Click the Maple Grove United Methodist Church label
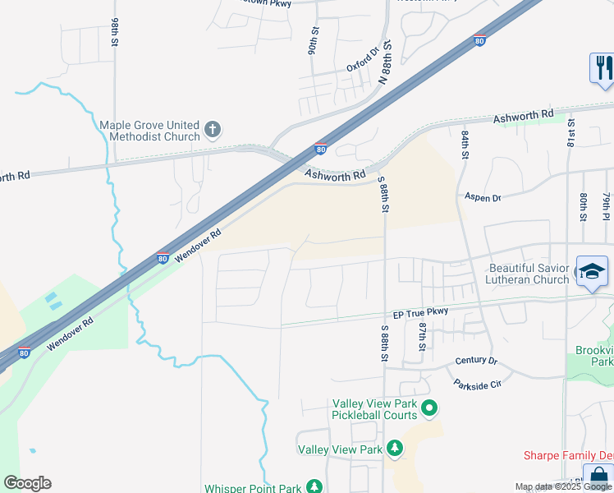pyautogui.click(x=149, y=131)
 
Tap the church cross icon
pyautogui.click(x=212, y=129)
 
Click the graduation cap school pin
pyautogui.click(x=591, y=272)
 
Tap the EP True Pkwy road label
pyautogui.click(x=420, y=312)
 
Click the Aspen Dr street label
pyautogui.click(x=483, y=197)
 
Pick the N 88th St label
pyautogui.click(x=385, y=64)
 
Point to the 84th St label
pyautogui.click(x=465, y=143)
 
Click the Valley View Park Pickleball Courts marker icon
pyautogui.click(x=428, y=408)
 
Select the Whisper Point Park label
pyautogui.click(x=253, y=487)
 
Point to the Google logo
pyautogui.click(x=27, y=483)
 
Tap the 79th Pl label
pyautogui.click(x=607, y=207)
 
